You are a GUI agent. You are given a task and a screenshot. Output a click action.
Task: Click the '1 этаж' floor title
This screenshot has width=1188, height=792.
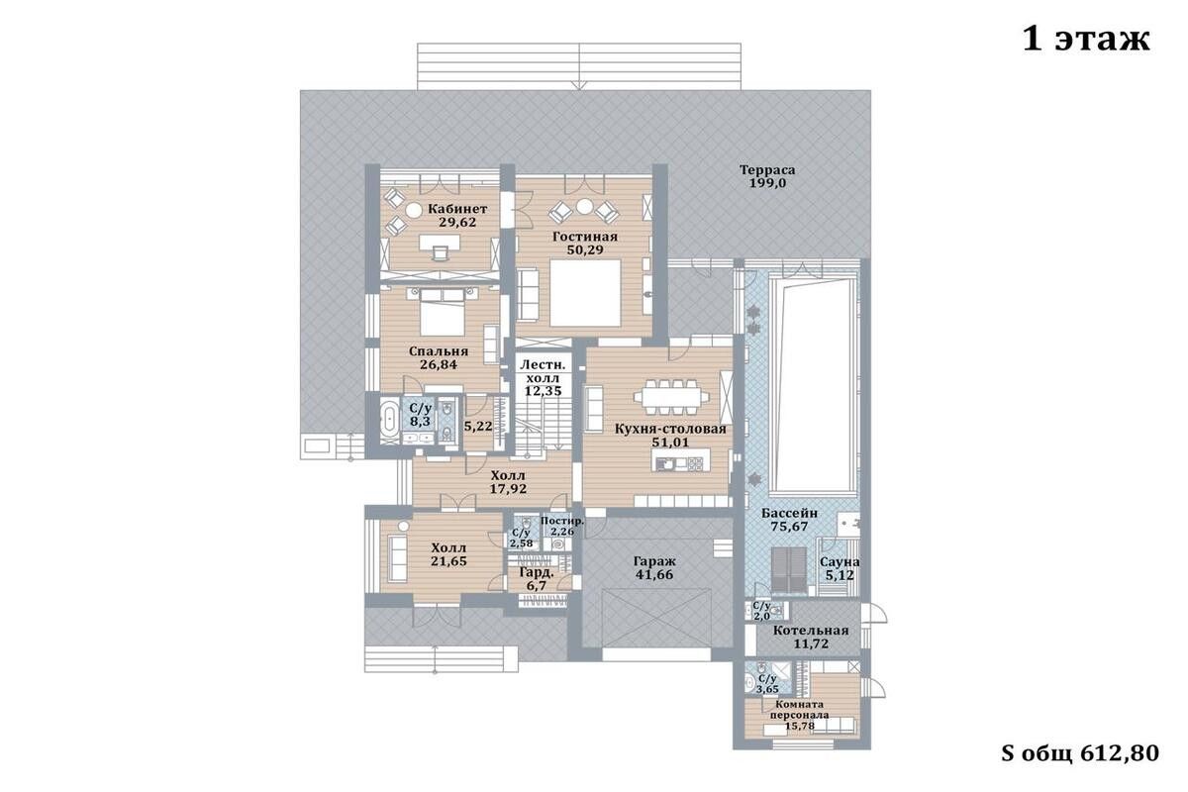tap(1086, 39)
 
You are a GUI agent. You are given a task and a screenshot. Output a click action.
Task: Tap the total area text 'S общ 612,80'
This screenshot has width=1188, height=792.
tap(1080, 753)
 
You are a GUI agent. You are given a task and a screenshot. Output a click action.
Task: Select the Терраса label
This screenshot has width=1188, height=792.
tap(767, 170)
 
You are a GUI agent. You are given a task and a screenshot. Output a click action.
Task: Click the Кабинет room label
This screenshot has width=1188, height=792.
tap(457, 209)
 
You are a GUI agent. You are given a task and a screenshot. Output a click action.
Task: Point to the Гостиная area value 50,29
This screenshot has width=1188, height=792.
tap(585, 249)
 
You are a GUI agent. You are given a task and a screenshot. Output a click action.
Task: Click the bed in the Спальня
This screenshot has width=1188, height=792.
tap(443, 312)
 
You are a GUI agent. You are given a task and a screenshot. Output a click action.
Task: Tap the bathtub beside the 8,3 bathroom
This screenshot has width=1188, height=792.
tap(390, 419)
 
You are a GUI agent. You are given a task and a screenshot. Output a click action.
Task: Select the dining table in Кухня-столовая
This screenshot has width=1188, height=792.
tap(671, 397)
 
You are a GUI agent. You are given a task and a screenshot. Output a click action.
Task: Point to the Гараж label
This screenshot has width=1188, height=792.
tap(655, 560)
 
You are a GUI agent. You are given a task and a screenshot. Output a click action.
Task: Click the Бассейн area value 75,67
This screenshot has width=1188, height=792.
tap(789, 527)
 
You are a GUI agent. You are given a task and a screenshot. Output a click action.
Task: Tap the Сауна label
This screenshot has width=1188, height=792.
tap(840, 561)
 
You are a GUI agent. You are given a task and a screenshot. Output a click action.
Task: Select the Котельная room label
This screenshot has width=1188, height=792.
tap(811, 631)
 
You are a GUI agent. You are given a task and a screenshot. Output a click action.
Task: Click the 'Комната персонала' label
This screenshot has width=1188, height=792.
tap(799, 709)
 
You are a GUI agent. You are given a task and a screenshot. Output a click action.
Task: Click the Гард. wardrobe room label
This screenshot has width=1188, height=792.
tap(537, 573)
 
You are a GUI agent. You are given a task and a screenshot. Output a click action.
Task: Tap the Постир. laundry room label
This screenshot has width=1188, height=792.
tap(562, 521)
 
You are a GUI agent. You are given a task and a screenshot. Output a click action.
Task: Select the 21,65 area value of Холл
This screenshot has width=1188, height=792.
tap(448, 561)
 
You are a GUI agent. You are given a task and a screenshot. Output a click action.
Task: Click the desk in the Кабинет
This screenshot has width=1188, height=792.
tap(440, 242)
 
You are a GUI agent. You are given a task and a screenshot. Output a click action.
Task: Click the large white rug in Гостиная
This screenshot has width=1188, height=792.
tap(585, 293)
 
